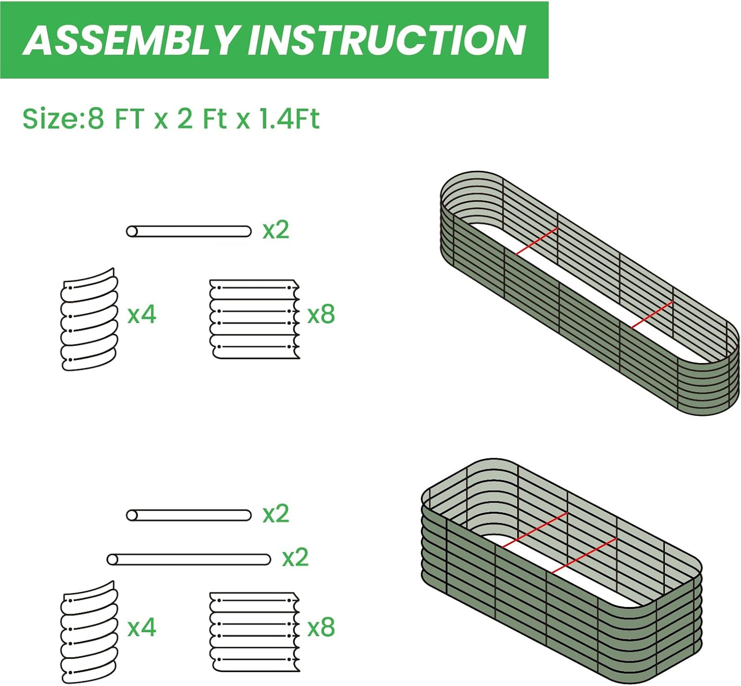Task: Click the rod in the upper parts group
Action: [189, 231]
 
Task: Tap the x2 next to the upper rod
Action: [276, 230]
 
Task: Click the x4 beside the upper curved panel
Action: [142, 314]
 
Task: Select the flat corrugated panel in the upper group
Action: [254, 319]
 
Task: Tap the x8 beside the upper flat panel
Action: [321, 314]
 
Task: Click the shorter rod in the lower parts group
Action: [189, 515]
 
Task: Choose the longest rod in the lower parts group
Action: [189, 559]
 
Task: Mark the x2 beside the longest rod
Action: [295, 557]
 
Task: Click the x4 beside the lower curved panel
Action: [142, 627]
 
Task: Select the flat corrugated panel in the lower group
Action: [254, 632]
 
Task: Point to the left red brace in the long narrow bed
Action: [536, 241]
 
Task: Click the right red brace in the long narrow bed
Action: [652, 314]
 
